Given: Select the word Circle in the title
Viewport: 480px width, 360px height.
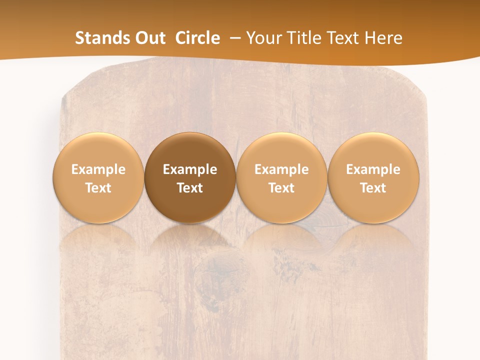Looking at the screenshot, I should (197, 38).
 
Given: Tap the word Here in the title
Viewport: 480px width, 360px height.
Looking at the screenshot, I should (383, 38).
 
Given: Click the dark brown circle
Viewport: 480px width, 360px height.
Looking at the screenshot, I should (190, 177).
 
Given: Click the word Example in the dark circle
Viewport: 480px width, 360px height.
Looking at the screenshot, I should (190, 169).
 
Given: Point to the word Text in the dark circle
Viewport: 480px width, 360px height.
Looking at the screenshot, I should (190, 188).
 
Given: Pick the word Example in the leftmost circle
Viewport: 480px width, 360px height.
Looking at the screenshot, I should (98, 169).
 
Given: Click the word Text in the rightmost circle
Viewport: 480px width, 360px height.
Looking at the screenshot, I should (373, 188).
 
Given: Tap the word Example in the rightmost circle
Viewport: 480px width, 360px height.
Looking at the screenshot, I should (373, 169).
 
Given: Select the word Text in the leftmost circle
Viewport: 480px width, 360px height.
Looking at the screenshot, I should (98, 188).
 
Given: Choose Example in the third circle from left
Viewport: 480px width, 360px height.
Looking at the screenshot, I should (281, 169).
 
